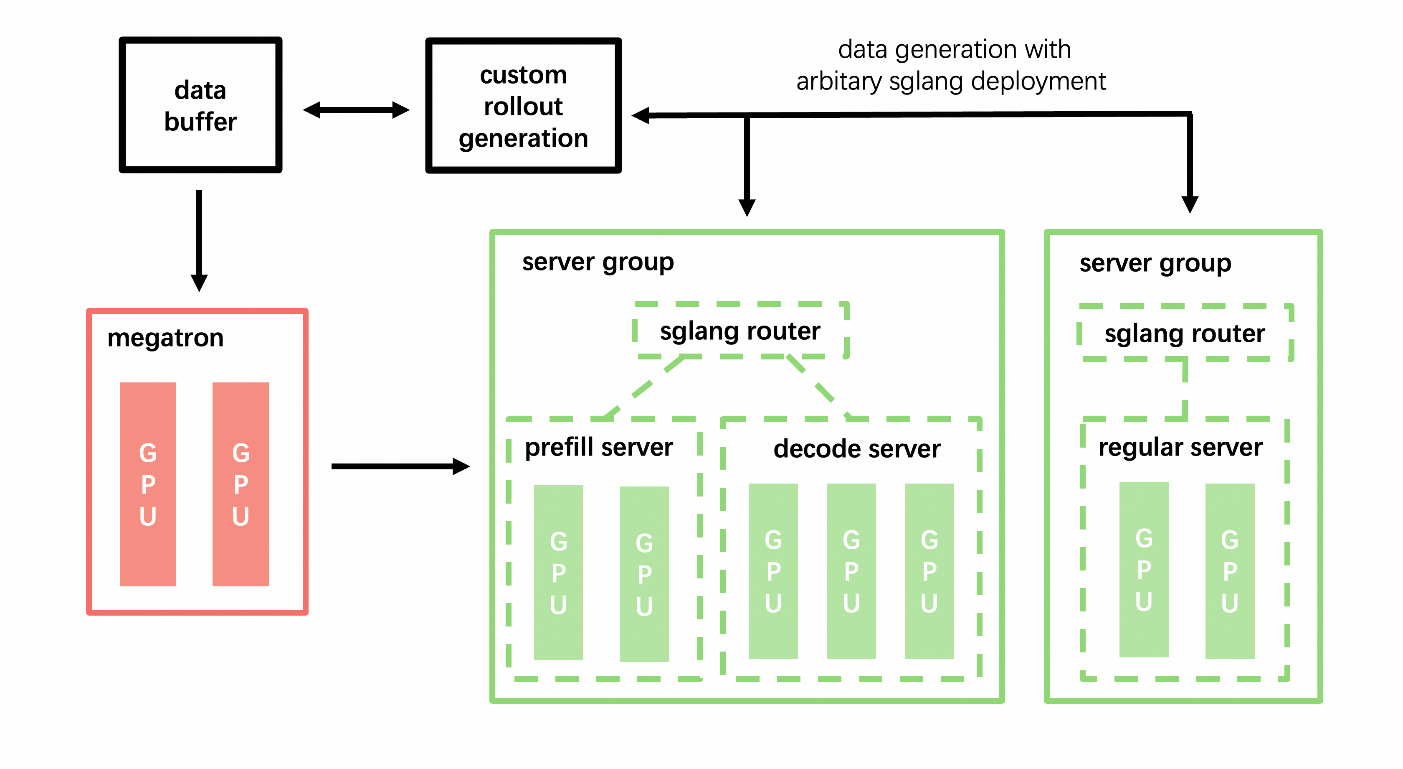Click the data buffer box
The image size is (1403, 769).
(x=200, y=105)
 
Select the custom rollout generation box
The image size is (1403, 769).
(x=523, y=106)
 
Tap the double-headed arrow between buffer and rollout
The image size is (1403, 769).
(x=356, y=110)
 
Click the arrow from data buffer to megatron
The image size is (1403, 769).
(x=199, y=240)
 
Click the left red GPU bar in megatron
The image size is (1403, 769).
(x=148, y=484)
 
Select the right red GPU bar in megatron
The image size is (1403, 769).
(x=241, y=484)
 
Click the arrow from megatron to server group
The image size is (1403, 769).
(x=400, y=466)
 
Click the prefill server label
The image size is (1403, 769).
(x=598, y=448)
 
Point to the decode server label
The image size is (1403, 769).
(x=857, y=449)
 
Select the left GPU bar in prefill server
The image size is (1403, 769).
(x=558, y=572)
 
